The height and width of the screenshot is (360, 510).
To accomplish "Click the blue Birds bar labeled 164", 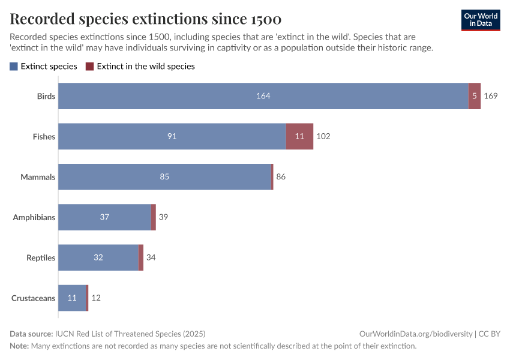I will point(263,96).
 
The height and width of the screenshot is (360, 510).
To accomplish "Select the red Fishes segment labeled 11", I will point(299,136).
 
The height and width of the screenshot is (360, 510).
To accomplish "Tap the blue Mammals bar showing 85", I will point(164,177).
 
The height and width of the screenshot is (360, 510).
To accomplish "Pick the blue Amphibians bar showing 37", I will point(104,217).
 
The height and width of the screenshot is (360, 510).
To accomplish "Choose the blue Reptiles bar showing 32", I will point(98,257).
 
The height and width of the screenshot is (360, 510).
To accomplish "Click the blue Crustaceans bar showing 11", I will point(72,298).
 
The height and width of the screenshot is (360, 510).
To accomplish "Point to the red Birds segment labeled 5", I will point(475,96).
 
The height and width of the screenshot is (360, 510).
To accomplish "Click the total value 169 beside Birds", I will point(491,96).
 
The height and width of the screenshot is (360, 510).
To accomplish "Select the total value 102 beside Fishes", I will point(323,136).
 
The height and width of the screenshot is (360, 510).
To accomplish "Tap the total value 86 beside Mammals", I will point(281,177).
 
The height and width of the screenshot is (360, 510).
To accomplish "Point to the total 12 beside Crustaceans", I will point(96,298).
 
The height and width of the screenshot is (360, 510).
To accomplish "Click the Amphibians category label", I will point(34,217).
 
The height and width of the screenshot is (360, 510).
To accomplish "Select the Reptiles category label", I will point(41,257).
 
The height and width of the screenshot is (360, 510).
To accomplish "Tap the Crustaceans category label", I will point(34,298).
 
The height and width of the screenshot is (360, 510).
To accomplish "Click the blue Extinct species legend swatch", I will point(14,67).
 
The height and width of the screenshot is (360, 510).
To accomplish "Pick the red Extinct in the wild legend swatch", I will point(90,67).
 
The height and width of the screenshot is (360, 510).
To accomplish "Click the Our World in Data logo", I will point(480,20).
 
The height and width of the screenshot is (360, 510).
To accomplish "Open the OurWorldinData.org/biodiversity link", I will point(415,334).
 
